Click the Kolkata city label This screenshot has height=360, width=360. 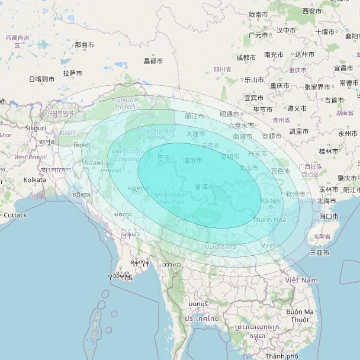click(x=34, y=179)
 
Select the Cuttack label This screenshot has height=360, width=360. click(x=15, y=215)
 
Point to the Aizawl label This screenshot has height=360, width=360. click(x=94, y=162)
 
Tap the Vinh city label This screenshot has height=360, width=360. click(x=268, y=245)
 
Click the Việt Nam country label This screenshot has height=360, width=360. click(x=301, y=279)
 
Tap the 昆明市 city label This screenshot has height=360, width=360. click(x=229, y=157)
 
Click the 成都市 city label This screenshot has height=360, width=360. click(x=246, y=57)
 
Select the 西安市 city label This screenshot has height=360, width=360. click(x=312, y=11)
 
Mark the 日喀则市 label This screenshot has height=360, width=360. click(x=41, y=79)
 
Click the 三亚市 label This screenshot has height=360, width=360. click(x=319, y=253)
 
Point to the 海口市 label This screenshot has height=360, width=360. click(x=329, y=216)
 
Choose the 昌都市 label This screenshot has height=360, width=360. click(x=153, y=60)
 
